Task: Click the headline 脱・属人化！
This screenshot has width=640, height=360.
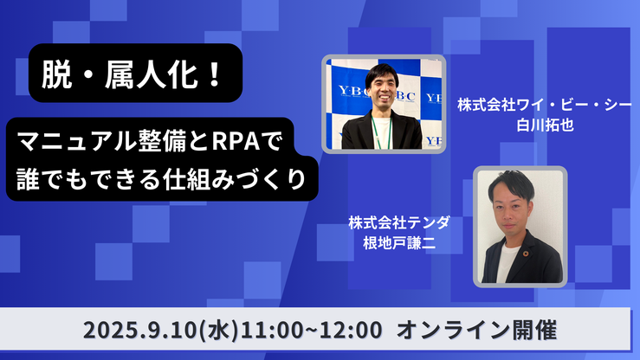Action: tap(132, 74)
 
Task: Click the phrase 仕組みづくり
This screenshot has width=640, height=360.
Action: tap(235, 179)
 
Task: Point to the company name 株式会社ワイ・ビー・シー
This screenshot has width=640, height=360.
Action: tap(545, 106)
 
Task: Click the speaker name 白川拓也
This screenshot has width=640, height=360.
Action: tap(545, 125)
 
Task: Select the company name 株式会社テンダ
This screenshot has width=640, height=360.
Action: tap(399, 222)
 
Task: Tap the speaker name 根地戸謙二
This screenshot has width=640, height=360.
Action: tap(399, 242)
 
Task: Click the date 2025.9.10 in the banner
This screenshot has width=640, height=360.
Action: tap(140, 330)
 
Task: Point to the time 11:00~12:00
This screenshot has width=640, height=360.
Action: tap(312, 330)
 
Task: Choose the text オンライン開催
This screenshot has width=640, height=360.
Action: tap(476, 330)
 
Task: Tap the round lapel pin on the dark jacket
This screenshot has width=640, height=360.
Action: tap(526, 254)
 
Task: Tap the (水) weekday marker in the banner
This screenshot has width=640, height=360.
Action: tap(218, 331)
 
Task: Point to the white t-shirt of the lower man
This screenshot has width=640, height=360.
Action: tap(507, 264)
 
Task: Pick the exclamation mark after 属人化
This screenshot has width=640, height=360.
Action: tap(214, 74)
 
